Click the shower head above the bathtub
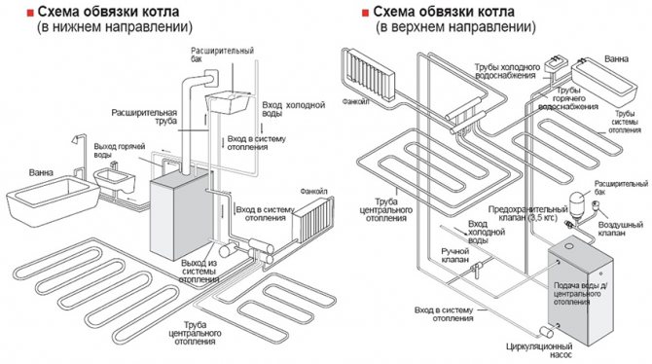(x=76, y=139)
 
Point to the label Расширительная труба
(x=144, y=117)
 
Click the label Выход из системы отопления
(x=199, y=272)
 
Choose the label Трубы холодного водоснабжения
(x=507, y=71)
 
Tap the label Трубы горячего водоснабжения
(x=568, y=98)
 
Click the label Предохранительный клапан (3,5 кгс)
(x=527, y=213)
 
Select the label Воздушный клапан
(x=621, y=229)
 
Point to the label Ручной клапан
(x=455, y=255)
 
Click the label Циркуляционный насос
(x=539, y=350)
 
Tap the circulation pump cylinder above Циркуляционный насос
(x=546, y=332)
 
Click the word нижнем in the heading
(x=74, y=27)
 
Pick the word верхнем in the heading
(x=416, y=27)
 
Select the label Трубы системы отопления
(x=625, y=122)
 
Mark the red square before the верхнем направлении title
(x=366, y=13)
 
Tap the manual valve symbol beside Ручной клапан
(x=475, y=269)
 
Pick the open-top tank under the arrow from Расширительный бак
(x=228, y=102)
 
